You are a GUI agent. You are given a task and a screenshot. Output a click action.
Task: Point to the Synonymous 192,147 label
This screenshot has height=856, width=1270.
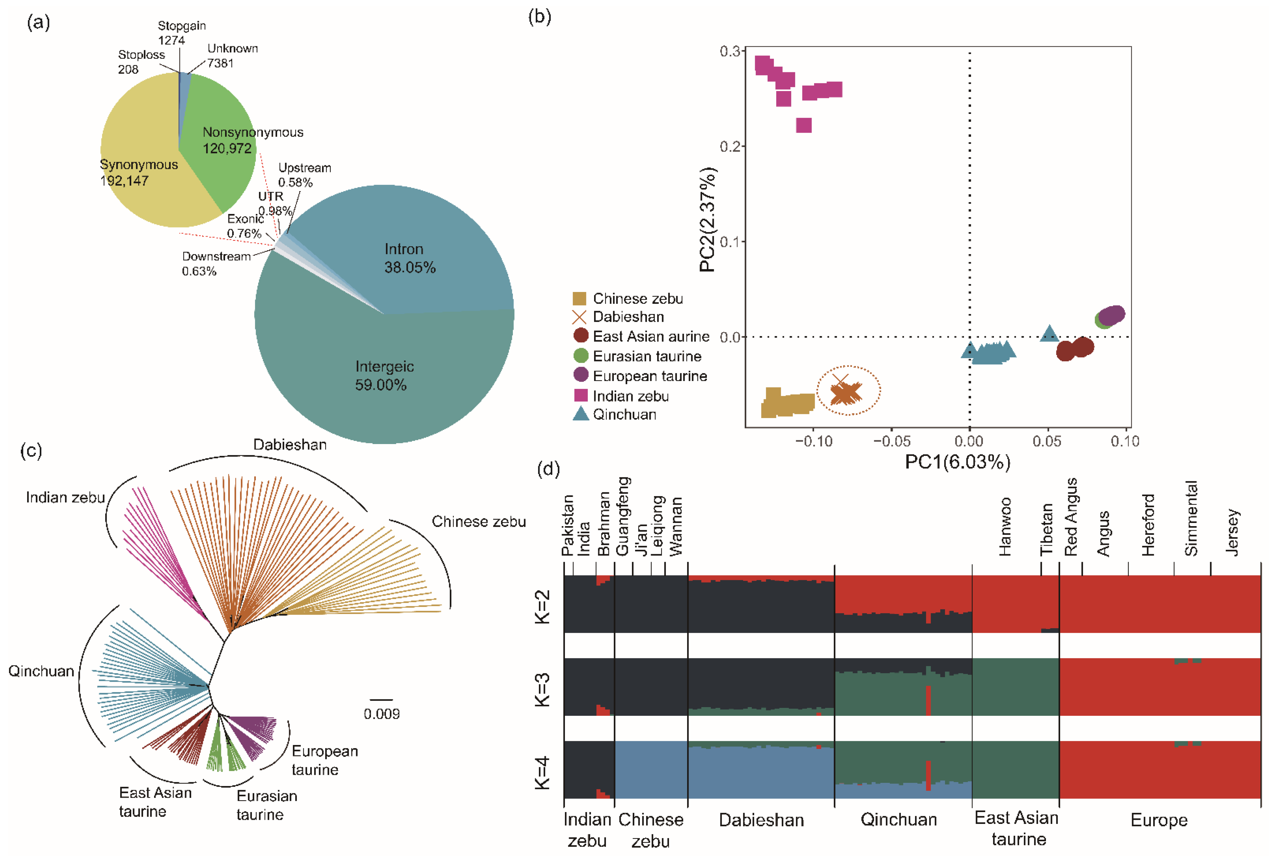pos(139,173)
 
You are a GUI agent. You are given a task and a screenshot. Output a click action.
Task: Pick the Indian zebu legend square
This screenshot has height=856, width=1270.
pos(580,396)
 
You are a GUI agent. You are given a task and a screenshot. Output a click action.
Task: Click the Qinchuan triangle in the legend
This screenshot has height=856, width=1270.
pos(580,414)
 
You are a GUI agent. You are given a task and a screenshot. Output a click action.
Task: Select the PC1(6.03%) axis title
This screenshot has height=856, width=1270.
pos(957,462)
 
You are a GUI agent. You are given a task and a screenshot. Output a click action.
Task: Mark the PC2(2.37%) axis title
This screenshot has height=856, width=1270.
pos(708,219)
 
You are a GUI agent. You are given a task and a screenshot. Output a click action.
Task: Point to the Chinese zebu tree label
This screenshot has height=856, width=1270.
pos(479,522)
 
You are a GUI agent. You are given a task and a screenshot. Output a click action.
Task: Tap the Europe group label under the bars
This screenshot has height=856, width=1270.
pos(1159,820)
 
